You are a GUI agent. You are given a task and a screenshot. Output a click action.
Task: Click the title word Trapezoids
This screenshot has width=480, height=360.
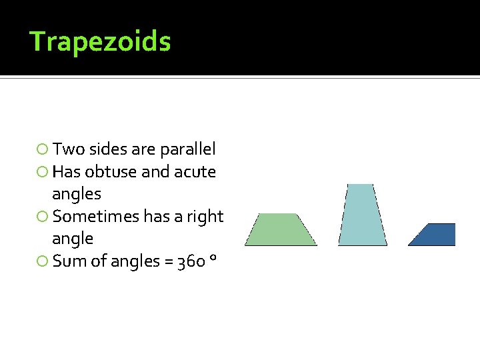[x=101, y=41]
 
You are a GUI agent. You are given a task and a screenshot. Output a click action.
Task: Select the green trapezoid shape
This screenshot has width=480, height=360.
[x=281, y=230]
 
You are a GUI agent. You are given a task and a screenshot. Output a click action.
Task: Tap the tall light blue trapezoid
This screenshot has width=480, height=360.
[x=362, y=215]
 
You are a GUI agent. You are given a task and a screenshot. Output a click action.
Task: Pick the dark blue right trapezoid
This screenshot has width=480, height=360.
[x=436, y=235]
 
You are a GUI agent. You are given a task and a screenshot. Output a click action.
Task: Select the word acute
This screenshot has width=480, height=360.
[x=195, y=172]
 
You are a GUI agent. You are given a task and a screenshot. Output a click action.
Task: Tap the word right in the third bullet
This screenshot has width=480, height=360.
[x=204, y=217]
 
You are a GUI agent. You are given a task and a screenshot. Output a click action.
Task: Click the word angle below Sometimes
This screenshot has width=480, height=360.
[x=72, y=239]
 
